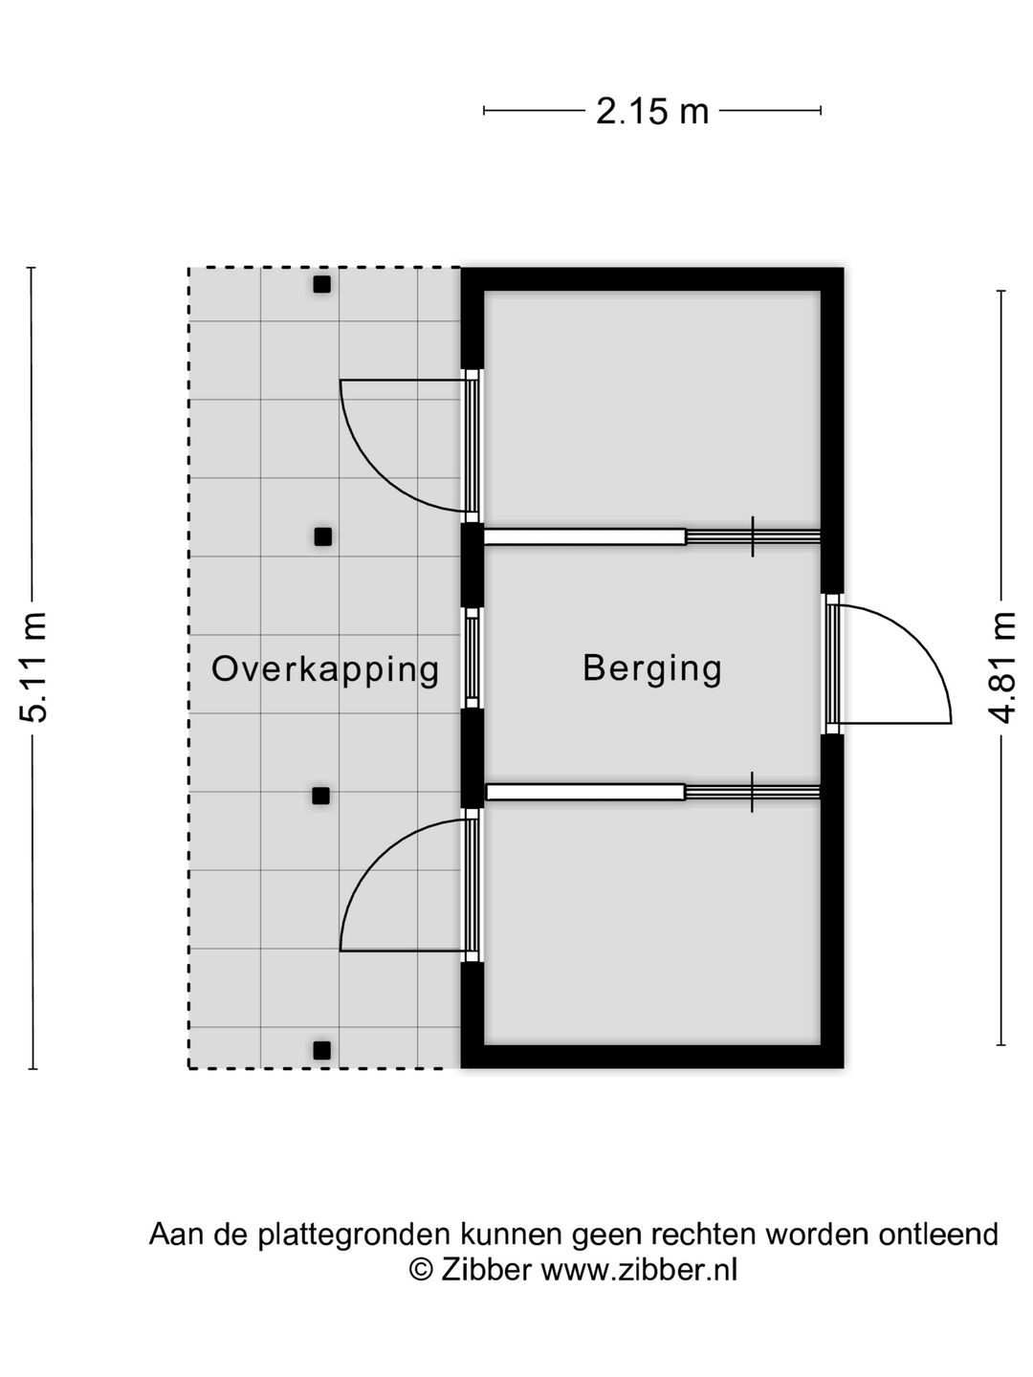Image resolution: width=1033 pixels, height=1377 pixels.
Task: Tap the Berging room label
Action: click(x=652, y=669)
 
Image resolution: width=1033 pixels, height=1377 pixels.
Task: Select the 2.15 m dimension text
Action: click(x=652, y=112)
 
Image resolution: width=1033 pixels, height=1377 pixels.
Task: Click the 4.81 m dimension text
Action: click(x=1001, y=667)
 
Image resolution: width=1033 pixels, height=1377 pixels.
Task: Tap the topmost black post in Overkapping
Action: click(x=321, y=285)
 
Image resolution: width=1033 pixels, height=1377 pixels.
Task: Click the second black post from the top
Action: click(x=322, y=537)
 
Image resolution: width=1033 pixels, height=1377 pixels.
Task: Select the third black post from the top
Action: click(x=321, y=797)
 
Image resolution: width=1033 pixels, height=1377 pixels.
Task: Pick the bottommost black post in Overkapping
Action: click(x=321, y=1050)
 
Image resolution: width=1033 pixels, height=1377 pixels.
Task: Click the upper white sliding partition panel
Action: click(x=584, y=537)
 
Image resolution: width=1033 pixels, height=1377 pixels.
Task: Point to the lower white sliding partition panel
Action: click(x=585, y=793)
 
